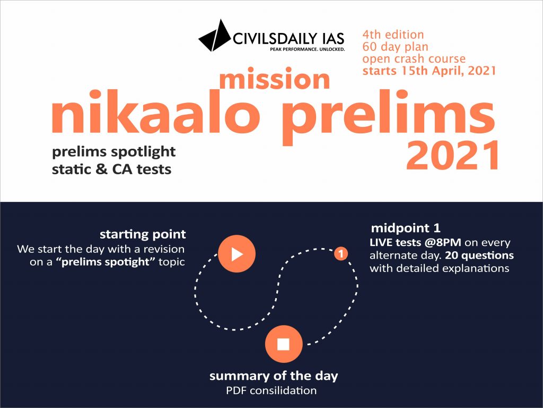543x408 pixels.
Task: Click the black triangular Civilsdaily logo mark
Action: click(x=215, y=36)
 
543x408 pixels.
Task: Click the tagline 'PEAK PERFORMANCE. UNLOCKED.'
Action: click(x=307, y=49)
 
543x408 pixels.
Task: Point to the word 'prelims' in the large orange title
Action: click(x=388, y=117)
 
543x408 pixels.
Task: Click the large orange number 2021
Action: click(x=453, y=155)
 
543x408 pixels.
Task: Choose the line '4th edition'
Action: click(x=393, y=35)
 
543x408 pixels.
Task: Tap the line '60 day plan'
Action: click(x=395, y=47)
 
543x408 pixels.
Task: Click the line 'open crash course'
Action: click(x=414, y=58)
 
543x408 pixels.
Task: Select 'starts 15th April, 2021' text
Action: click(x=429, y=71)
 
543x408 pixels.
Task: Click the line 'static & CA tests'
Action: click(x=111, y=169)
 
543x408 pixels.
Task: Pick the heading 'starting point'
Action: click(x=143, y=234)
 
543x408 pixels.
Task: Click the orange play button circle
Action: click(x=237, y=253)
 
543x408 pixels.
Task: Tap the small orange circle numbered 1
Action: click(x=341, y=253)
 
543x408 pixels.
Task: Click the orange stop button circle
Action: click(x=284, y=344)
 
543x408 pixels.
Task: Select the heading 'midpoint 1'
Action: click(x=406, y=228)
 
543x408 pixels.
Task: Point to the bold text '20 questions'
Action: click(x=479, y=256)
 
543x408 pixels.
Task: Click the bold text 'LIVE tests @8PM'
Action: click(x=416, y=242)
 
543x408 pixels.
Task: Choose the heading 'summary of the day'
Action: click(x=274, y=376)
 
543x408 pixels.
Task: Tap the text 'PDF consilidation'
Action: click(x=271, y=390)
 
